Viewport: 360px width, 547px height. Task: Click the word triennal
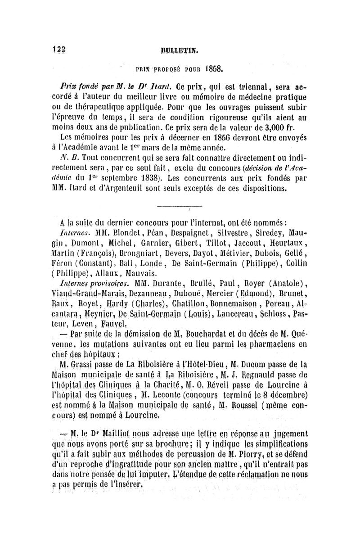(x=245, y=86)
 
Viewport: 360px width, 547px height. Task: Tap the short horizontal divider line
(x=173, y=207)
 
